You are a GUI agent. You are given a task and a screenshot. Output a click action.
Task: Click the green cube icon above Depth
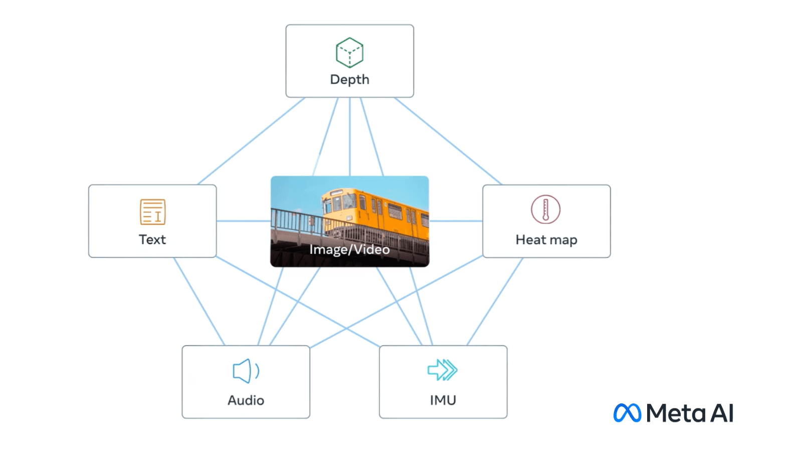click(349, 53)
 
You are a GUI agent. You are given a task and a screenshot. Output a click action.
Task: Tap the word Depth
click(349, 80)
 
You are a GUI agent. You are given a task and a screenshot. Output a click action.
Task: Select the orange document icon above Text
click(152, 212)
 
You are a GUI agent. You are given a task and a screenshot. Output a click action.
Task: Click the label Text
click(152, 240)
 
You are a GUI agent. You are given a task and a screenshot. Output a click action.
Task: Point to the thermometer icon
click(545, 209)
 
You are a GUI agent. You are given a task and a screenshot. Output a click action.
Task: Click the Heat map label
click(546, 240)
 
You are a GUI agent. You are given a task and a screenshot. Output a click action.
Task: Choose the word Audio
click(246, 400)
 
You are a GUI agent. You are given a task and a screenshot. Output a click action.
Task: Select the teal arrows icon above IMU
click(442, 370)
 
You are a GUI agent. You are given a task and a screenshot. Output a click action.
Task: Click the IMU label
click(443, 400)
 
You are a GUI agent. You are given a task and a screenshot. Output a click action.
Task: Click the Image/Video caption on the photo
click(349, 249)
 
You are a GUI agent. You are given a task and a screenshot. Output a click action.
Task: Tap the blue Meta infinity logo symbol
click(627, 413)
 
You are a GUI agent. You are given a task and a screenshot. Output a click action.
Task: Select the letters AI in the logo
click(722, 413)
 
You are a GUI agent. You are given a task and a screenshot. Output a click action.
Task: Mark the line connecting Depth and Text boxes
click(251, 141)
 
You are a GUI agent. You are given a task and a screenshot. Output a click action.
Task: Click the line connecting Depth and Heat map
click(448, 141)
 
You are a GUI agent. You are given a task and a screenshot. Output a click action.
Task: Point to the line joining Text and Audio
click(199, 301)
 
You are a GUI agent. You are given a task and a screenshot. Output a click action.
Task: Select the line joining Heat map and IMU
click(495, 301)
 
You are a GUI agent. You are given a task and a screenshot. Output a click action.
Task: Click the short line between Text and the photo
click(243, 221)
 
